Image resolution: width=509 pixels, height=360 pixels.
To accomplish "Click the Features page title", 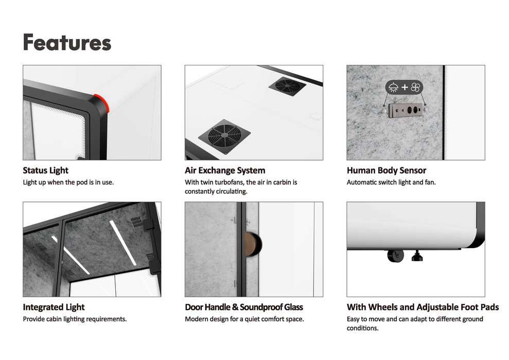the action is [x=67, y=42].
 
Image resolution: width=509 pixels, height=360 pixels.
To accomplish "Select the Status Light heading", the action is [x=45, y=170].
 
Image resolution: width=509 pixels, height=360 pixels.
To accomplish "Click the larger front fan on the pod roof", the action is [x=224, y=136].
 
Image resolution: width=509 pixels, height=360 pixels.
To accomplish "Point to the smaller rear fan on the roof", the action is [x=287, y=86].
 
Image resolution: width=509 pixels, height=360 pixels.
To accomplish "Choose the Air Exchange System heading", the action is [x=225, y=170].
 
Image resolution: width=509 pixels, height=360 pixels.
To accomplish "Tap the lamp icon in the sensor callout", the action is [x=393, y=88].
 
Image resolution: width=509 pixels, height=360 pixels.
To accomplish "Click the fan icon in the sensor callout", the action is [x=415, y=88].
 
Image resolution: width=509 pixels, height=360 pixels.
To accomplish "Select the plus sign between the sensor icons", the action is [x=405, y=88].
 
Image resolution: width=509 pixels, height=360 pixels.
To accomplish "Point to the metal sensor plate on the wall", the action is [x=406, y=110].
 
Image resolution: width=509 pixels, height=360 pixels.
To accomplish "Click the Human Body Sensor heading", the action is [x=387, y=170].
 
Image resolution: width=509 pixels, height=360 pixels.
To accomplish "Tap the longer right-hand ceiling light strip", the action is [x=123, y=243].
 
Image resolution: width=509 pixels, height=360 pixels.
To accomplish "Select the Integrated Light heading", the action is [x=54, y=307].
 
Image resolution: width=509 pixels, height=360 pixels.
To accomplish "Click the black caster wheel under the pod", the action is [x=395, y=255].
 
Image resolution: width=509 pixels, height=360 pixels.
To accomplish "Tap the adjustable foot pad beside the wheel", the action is [x=417, y=255].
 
